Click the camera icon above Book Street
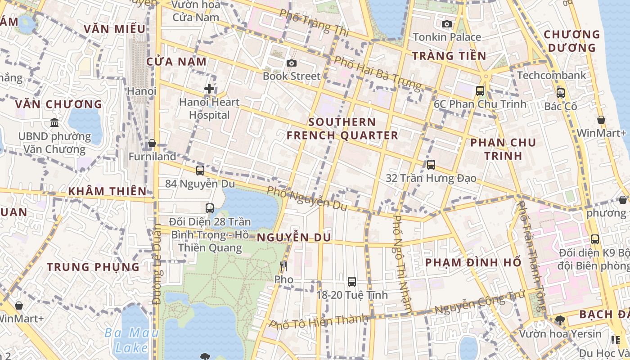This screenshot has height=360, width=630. tap(292, 63)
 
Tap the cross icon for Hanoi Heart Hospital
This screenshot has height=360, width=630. tap(209, 89)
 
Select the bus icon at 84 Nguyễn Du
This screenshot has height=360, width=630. tap(200, 171)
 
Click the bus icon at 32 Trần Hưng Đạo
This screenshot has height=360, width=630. tap(431, 165)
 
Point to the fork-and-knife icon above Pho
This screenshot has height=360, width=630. tap(283, 266)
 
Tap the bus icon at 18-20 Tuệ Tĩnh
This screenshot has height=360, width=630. tap(352, 282)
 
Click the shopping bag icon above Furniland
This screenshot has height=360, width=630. tap(152, 144)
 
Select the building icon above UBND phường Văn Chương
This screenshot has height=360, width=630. tap(54, 122)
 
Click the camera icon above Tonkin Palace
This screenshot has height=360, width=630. tap(447, 24)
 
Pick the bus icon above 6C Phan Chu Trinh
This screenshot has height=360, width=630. tap(480, 91)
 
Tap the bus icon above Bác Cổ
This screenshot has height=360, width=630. tap(561, 93)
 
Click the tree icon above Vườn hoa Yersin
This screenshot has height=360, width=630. tap(560, 320)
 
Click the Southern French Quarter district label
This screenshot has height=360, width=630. tap(342, 129)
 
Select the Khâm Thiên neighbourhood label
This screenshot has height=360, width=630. tap(108, 191)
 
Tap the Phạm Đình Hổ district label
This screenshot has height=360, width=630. tap(473, 262)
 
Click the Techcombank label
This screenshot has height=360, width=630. tap(552, 75)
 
